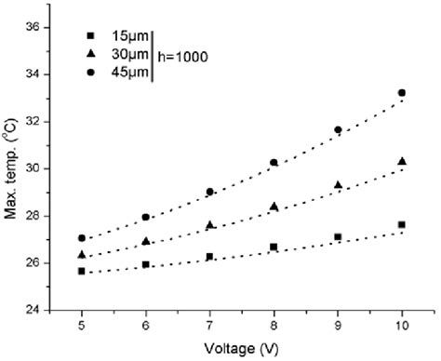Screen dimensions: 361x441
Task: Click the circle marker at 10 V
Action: coord(402,93)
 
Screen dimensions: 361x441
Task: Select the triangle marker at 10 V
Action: coord(402,161)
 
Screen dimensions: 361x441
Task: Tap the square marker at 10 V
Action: coord(402,224)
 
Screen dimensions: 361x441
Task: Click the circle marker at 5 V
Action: coord(82,238)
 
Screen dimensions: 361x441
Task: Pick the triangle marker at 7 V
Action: coord(210,224)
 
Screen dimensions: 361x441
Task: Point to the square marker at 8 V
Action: coord(274,247)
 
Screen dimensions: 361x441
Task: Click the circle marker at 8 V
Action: coord(274,162)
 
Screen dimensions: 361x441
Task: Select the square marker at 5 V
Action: coord(82,271)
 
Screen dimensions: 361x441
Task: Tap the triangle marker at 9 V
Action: coord(338,184)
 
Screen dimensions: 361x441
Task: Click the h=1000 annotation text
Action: coord(181,56)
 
